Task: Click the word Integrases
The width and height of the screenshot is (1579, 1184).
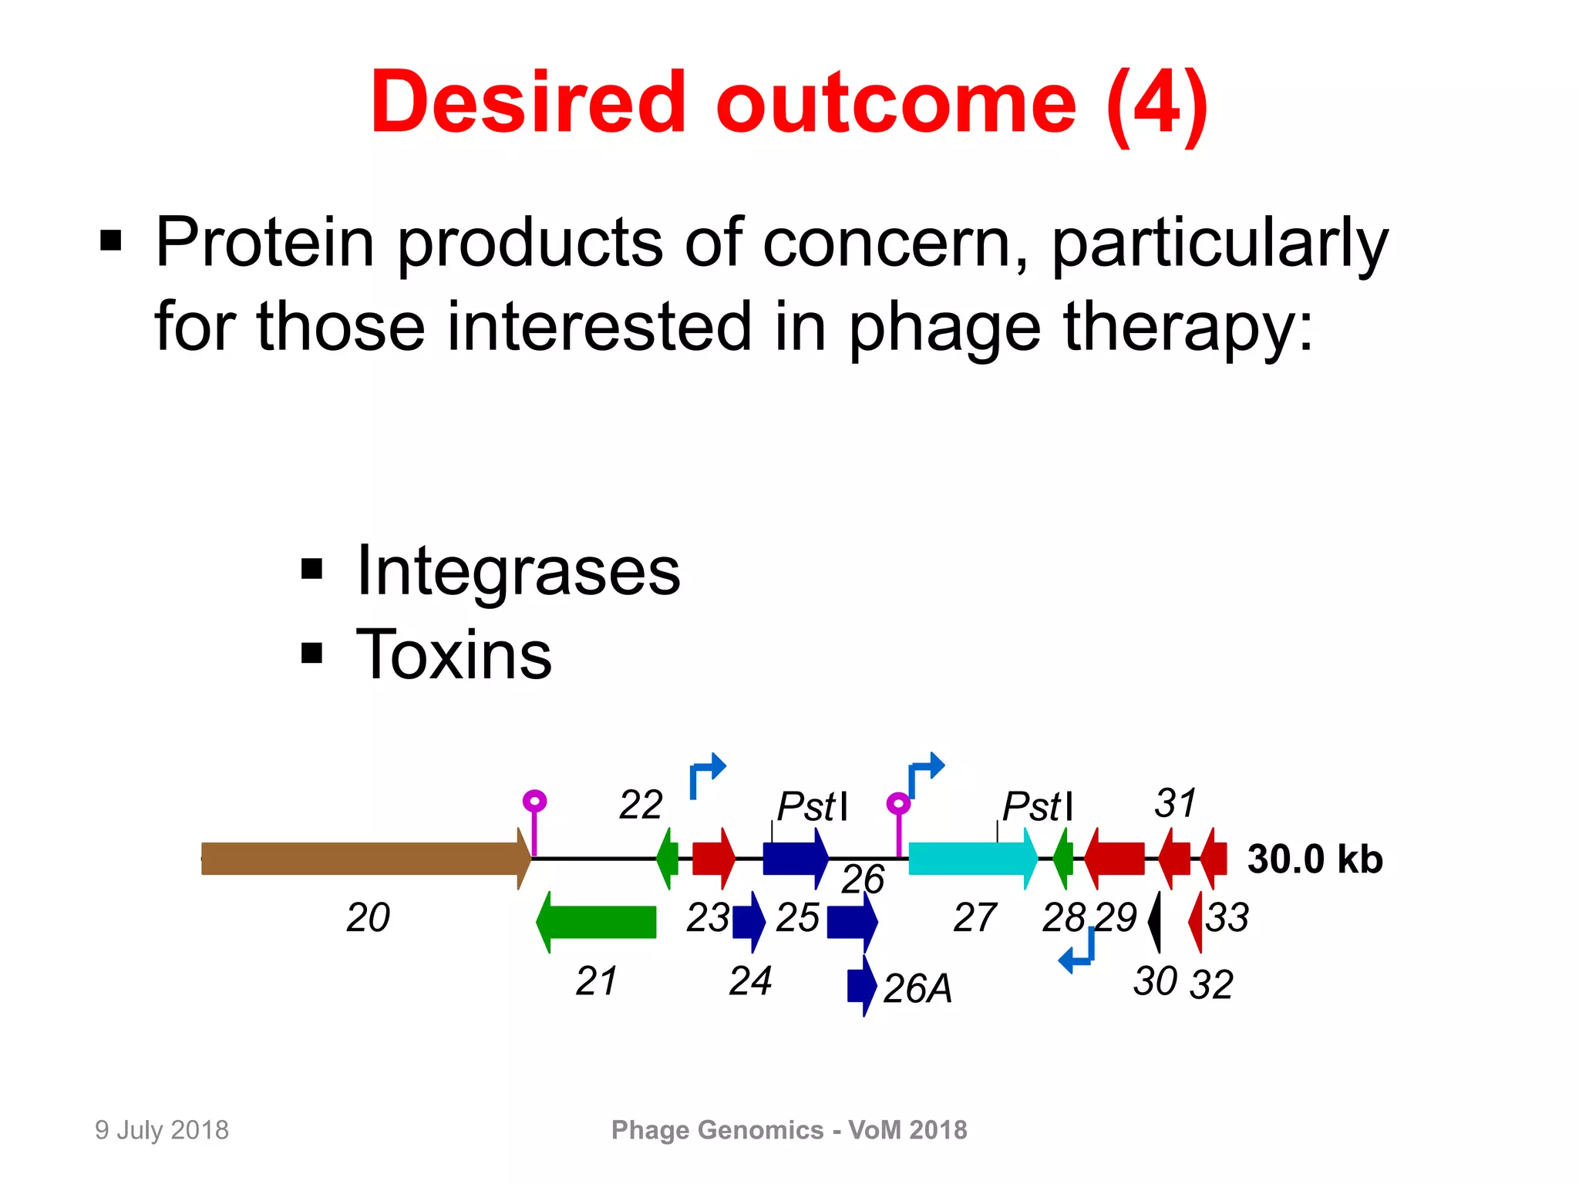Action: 518,571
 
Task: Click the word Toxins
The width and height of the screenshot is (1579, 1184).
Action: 453,655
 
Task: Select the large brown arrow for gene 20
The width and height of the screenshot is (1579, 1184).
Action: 362,858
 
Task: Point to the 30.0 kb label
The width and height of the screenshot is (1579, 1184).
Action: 1315,859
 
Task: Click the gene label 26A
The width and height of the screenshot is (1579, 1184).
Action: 917,988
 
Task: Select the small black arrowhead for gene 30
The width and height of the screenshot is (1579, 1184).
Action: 1155,922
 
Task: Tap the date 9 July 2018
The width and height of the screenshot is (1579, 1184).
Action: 162,1130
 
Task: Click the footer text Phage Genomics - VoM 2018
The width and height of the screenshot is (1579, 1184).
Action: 789,1130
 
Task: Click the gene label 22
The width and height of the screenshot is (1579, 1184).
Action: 641,806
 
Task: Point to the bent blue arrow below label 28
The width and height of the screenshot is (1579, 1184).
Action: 1078,953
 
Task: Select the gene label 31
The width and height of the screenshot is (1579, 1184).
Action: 1175,803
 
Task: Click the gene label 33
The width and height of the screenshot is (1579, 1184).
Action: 1227,917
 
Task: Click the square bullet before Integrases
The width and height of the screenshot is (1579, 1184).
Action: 311,570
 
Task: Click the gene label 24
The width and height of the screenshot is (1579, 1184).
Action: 750,981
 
